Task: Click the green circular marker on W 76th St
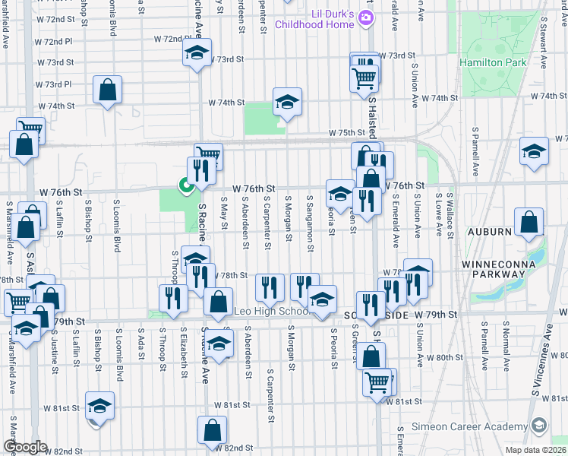tap(185, 184)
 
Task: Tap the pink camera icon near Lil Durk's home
tap(367, 18)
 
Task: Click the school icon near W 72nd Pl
tap(197, 53)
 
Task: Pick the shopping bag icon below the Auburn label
tap(529, 222)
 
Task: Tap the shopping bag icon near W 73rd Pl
tap(108, 89)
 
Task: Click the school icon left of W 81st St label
tap(99, 404)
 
